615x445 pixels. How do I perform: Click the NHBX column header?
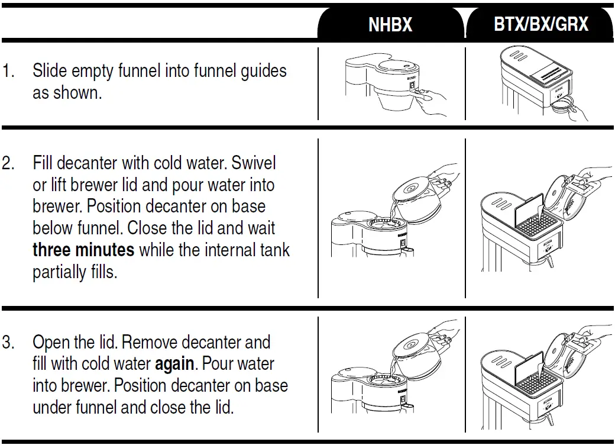(x=390, y=25)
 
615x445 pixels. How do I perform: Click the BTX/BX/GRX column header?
(x=540, y=25)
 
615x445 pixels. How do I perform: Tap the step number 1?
(x=8, y=72)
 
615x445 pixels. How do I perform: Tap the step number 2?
(x=8, y=163)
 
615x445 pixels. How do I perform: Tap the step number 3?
(x=8, y=343)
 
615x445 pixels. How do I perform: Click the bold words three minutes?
(x=83, y=250)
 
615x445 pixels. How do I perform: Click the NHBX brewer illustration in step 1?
(x=378, y=86)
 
